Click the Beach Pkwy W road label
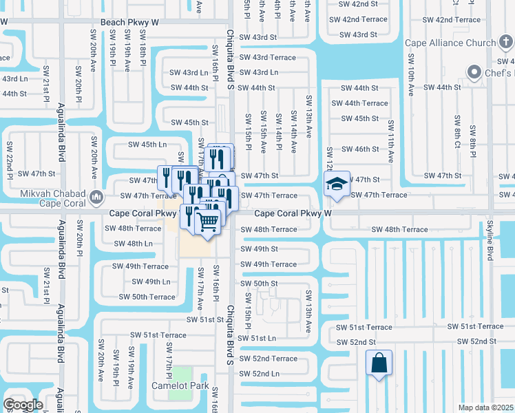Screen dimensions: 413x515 coord(129,22)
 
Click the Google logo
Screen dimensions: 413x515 coord(22,405)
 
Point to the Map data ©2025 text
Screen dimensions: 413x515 coord(485,407)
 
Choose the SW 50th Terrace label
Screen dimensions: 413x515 coord(147,297)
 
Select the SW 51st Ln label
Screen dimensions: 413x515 coord(257,338)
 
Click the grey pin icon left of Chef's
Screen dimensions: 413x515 coord(474,72)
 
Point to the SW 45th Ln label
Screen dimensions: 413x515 coord(148,145)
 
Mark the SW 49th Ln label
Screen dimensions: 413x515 coord(150,282)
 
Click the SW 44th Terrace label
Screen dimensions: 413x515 coord(359,103)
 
